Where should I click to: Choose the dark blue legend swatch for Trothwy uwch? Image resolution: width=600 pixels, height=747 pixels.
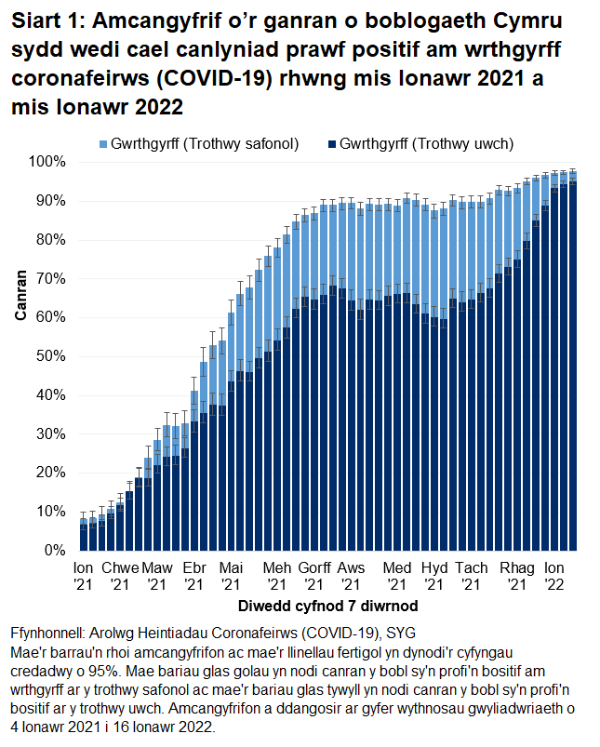point(331,144)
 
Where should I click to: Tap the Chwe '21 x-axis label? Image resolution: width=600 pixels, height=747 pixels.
point(120,575)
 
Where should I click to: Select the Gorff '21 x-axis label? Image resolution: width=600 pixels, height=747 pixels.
point(315,575)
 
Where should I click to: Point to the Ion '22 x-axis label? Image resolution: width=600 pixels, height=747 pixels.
point(553,575)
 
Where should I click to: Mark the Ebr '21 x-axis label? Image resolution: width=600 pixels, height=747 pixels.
point(194,575)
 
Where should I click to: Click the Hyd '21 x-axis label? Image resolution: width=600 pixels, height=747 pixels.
point(433,575)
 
